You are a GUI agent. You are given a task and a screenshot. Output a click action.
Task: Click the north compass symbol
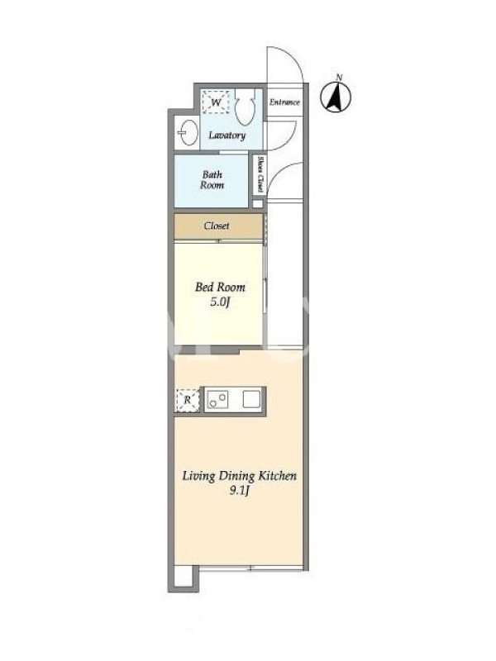336,97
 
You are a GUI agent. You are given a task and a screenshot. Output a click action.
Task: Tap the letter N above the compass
339,77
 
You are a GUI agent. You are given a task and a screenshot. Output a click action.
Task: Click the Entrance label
284,102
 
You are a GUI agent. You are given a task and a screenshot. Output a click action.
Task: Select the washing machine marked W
216,102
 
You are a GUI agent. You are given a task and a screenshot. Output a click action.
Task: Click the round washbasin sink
188,132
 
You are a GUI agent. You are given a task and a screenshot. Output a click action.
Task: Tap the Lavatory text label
227,136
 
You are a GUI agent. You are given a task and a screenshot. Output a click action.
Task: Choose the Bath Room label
212,180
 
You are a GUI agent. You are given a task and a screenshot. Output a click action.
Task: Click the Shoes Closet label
260,174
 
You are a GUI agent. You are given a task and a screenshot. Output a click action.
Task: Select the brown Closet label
217,226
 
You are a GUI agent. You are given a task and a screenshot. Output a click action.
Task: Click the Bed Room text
220,288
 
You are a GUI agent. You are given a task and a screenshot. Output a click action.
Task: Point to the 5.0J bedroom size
219,302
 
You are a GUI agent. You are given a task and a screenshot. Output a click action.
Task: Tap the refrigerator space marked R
188,399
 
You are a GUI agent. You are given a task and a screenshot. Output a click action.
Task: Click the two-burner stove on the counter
217,399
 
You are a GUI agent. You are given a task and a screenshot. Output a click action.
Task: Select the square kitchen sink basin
251,399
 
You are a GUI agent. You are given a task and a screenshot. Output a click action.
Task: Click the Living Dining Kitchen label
239,477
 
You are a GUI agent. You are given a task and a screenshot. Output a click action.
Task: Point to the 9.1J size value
240,491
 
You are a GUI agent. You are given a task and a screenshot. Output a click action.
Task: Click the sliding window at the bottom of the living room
250,568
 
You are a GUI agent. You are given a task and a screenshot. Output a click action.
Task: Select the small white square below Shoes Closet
258,204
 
